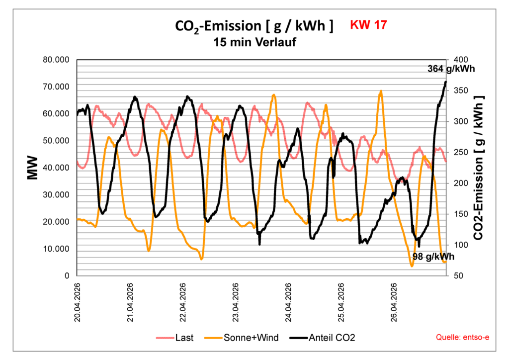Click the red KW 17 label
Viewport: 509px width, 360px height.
point(368,25)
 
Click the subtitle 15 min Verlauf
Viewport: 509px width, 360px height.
point(254,42)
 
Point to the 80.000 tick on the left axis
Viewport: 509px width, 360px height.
point(56,60)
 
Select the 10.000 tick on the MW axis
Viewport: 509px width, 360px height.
point(56,249)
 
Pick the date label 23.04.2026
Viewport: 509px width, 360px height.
point(237,303)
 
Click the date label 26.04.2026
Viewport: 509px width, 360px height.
point(395,303)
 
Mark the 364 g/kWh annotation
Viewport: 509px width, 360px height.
point(451,69)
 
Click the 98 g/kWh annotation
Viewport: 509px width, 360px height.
point(433,257)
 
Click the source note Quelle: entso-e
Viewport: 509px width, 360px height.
point(462,338)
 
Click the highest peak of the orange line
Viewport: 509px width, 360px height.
point(381,91)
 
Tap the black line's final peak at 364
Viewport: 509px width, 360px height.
point(445,82)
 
